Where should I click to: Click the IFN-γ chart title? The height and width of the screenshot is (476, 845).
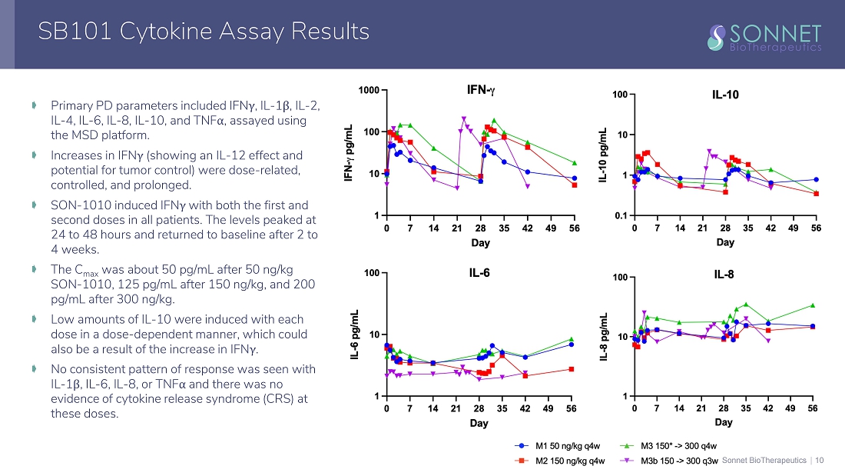point(482,90)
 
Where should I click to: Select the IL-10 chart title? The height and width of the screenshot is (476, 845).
point(725,95)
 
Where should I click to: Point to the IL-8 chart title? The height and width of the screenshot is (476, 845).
point(724,272)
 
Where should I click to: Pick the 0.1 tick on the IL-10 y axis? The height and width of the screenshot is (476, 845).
point(619,216)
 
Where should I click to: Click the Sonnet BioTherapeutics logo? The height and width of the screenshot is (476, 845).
point(764,36)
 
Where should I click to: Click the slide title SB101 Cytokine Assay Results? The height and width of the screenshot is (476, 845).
point(204,32)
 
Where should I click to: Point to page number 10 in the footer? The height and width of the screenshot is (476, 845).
point(819,460)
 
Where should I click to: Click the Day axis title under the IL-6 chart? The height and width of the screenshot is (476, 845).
point(479,424)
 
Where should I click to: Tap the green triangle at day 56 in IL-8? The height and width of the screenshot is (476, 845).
point(813,305)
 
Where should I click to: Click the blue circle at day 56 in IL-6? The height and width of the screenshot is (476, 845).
point(571,345)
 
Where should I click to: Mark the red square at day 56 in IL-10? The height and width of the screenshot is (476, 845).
point(816,194)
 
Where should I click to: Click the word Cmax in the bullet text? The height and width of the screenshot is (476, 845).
point(91,270)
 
